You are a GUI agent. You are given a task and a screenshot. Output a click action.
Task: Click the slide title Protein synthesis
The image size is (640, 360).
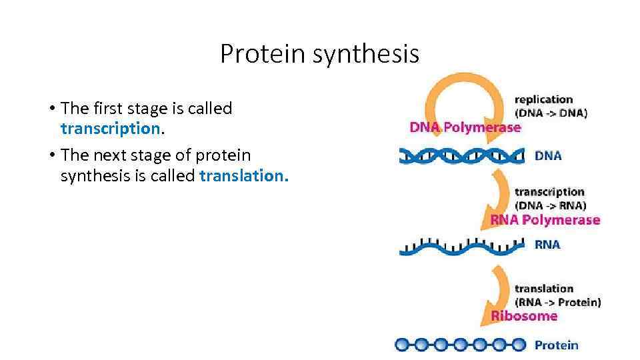(319, 54)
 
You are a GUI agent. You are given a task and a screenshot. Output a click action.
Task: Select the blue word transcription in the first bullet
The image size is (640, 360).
(111, 128)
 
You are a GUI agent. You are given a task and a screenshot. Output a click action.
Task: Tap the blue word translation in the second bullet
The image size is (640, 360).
(243, 175)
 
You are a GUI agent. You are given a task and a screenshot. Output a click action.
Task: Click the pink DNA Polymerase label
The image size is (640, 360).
(465, 127)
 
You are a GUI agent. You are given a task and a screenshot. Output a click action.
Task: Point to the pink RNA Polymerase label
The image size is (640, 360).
(545, 220)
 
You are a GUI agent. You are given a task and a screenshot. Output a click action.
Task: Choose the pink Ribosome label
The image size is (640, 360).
(524, 315)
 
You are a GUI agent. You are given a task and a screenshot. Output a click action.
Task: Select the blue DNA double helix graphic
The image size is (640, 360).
(462, 156)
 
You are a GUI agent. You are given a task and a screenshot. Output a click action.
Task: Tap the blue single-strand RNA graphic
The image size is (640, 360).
(462, 245)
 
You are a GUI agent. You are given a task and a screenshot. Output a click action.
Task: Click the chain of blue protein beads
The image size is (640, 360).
(460, 345)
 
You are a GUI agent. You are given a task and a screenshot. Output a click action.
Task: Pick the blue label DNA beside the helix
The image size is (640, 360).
(548, 156)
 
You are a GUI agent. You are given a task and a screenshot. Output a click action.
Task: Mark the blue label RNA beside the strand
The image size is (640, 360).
(547, 245)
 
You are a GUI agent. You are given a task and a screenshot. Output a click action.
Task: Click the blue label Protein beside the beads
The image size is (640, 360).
(556, 345)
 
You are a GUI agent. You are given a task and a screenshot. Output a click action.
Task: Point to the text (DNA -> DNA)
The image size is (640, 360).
(551, 113)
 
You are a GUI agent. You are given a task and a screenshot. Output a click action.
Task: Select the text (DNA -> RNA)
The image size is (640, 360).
(550, 205)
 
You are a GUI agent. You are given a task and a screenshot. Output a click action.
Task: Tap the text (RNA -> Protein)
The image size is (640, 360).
(557, 302)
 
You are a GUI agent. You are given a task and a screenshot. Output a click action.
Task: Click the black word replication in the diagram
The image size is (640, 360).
(543, 100)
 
